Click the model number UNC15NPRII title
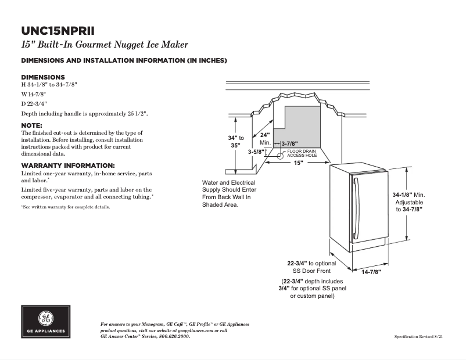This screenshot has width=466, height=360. point(58,31)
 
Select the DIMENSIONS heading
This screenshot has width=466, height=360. point(43,77)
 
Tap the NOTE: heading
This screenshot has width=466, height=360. point(31,125)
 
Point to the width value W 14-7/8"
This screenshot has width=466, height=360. point(34,94)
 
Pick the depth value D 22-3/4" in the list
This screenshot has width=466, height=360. point(34,104)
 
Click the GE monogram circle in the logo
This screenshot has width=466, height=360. point(45,319)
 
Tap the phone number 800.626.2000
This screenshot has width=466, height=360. point(174,337)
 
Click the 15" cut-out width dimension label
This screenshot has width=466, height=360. point(298,163)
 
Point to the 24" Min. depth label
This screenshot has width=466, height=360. point(266,139)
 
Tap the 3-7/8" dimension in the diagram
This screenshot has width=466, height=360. point(289,143)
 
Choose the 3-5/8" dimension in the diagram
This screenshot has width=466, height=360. point(256,152)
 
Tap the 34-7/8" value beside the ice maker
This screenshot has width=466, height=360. point(409,209)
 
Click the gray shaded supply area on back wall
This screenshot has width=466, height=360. point(305,125)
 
